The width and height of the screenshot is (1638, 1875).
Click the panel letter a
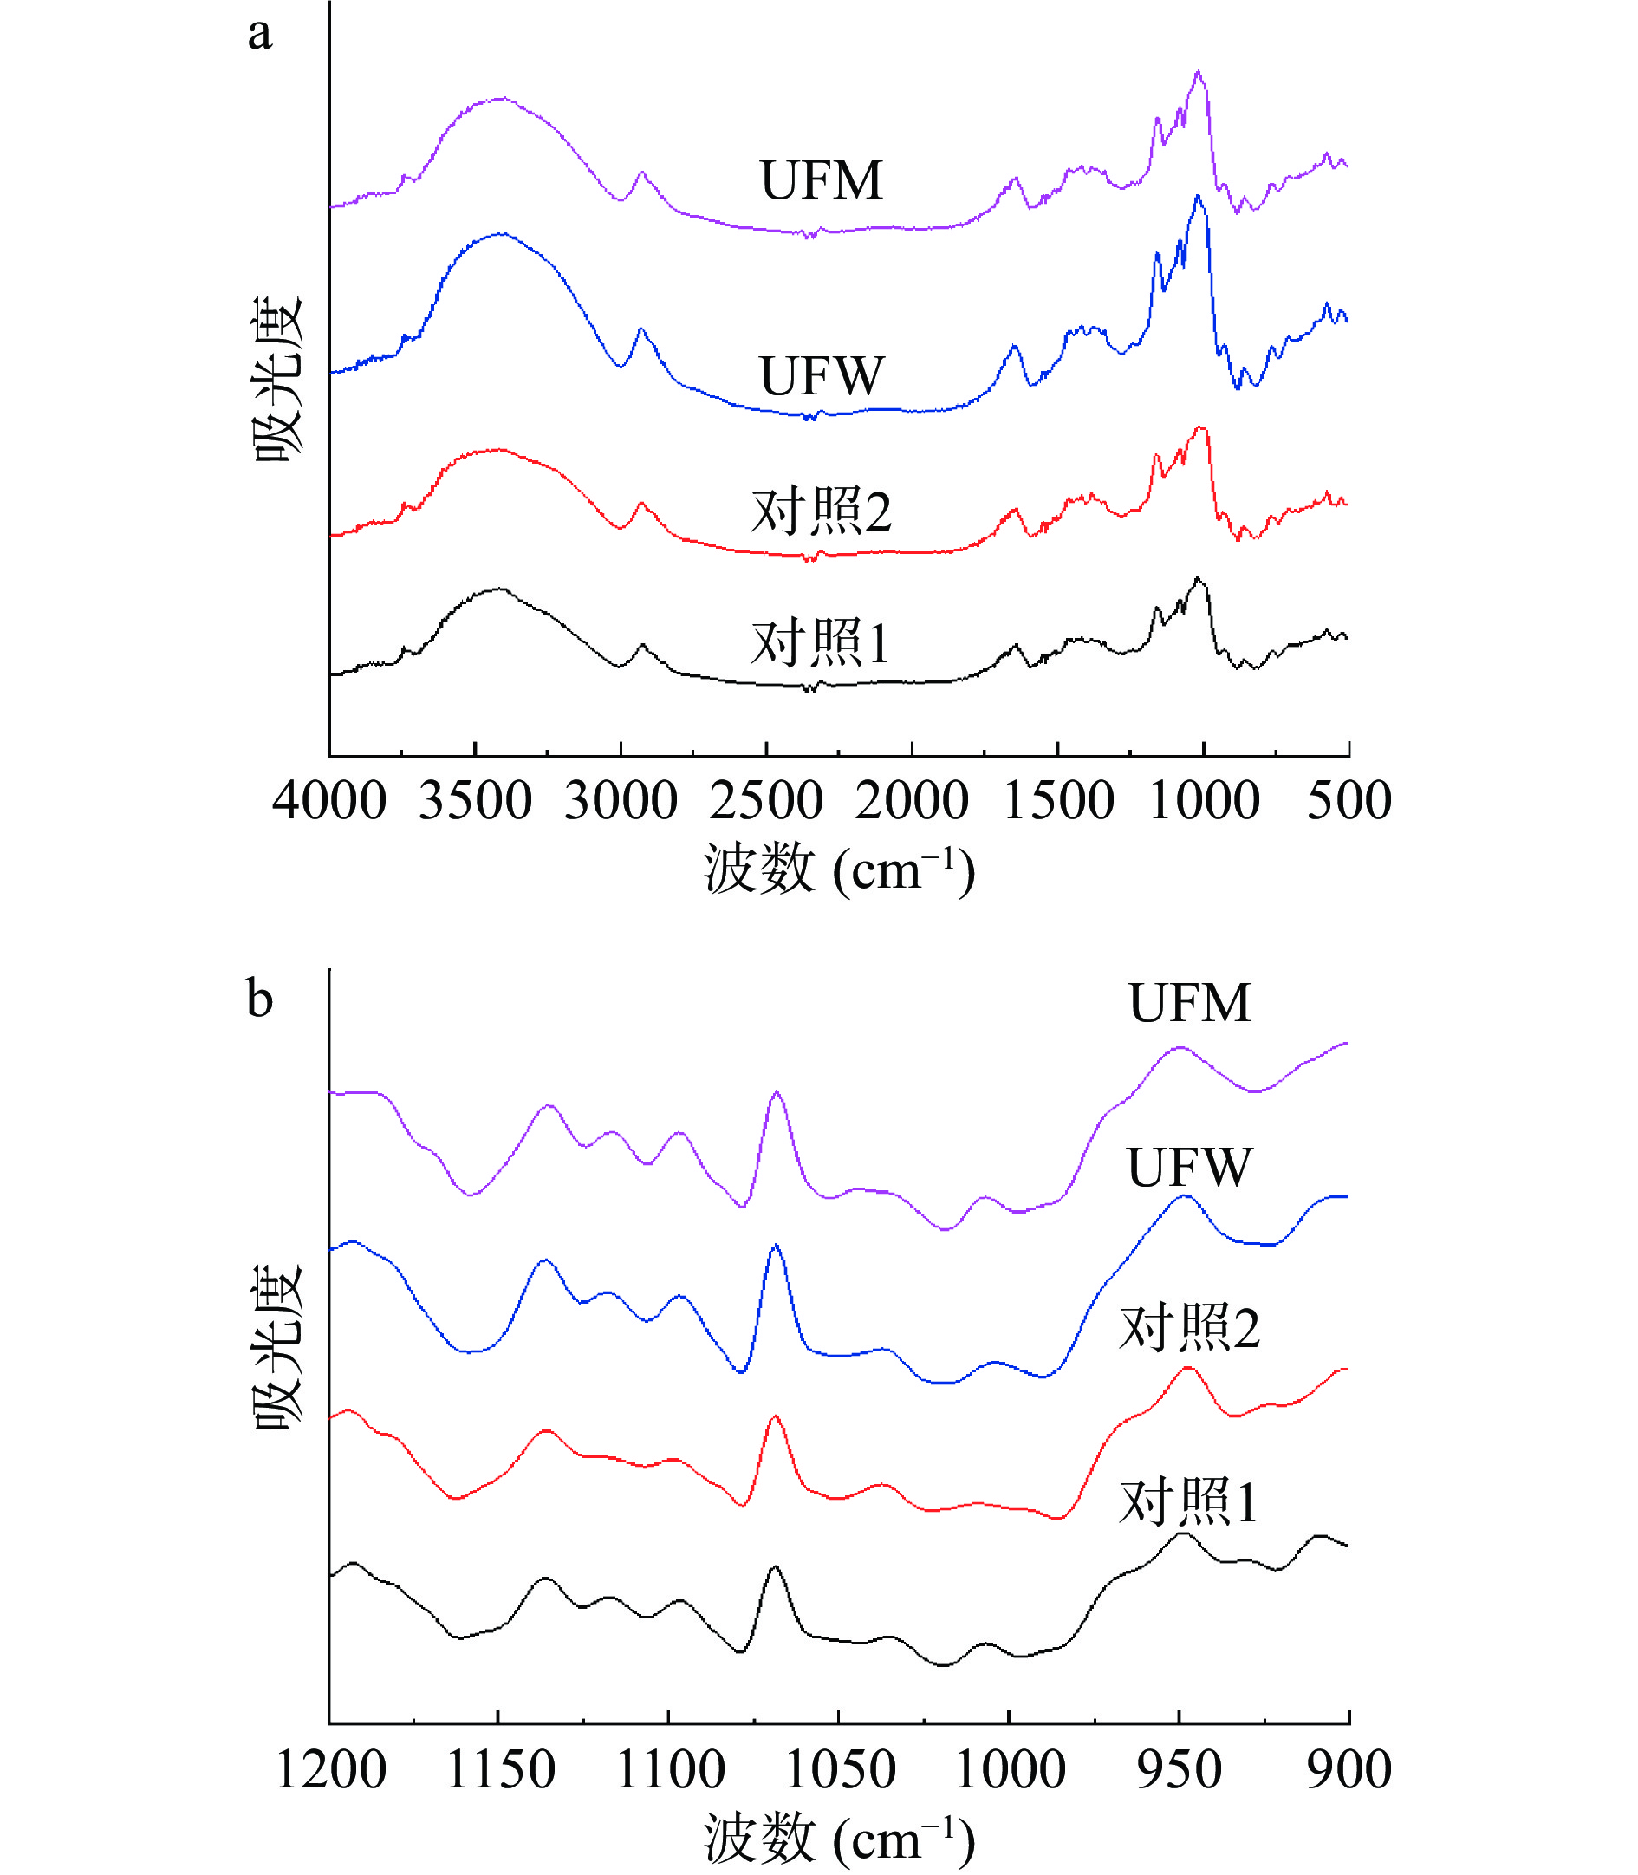click(x=260, y=35)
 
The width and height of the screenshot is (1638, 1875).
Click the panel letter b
click(x=260, y=999)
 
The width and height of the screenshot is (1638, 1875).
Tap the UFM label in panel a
click(x=821, y=180)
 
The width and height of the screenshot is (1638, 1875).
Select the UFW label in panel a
click(x=821, y=375)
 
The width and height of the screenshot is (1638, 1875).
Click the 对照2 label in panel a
click(x=820, y=511)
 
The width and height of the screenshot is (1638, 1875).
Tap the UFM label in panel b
click(x=1188, y=1003)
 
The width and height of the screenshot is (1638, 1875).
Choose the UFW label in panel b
click(x=1188, y=1168)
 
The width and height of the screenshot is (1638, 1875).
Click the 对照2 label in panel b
click(x=1188, y=1328)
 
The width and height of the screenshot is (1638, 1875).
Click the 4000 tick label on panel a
click(x=329, y=801)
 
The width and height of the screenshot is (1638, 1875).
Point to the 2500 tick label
click(x=766, y=801)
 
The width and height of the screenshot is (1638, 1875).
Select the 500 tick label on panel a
click(x=1349, y=801)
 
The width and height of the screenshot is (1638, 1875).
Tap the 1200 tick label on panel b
click(x=330, y=1770)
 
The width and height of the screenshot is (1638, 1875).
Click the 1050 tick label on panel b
click(x=839, y=1770)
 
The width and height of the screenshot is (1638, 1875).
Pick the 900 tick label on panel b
click(x=1349, y=1770)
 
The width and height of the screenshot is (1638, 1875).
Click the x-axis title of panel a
click(x=838, y=869)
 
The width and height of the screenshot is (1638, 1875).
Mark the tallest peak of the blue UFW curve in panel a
click(x=1197, y=197)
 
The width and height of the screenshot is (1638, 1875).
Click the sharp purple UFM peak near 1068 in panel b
click(x=776, y=1091)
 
